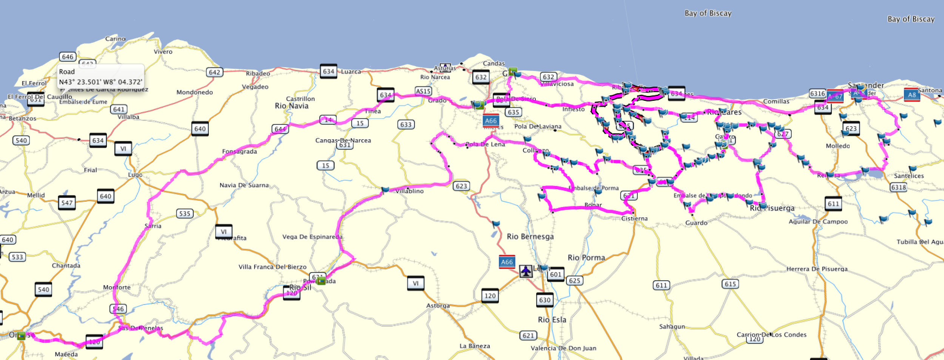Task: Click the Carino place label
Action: click(x=115, y=39)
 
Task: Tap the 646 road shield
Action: click(x=68, y=57)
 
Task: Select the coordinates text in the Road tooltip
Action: click(x=100, y=82)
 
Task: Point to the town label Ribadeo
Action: click(x=258, y=73)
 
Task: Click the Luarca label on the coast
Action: click(x=351, y=71)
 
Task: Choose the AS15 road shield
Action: click(x=423, y=91)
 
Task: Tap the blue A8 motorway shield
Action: click(x=912, y=95)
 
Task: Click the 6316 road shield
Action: click(x=818, y=93)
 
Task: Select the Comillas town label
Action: click(x=776, y=101)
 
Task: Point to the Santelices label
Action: click(x=909, y=176)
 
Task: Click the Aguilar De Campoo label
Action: click(x=818, y=221)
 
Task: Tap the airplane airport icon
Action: click(x=526, y=271)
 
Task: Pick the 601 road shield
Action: click(x=555, y=274)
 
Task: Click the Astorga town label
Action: click(x=438, y=305)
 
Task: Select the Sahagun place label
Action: click(x=672, y=326)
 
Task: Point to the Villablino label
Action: click(x=409, y=191)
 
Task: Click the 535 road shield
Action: click(x=185, y=213)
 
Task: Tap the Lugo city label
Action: click(x=135, y=175)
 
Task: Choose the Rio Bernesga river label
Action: click(x=530, y=236)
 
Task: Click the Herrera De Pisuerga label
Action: click(x=817, y=269)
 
